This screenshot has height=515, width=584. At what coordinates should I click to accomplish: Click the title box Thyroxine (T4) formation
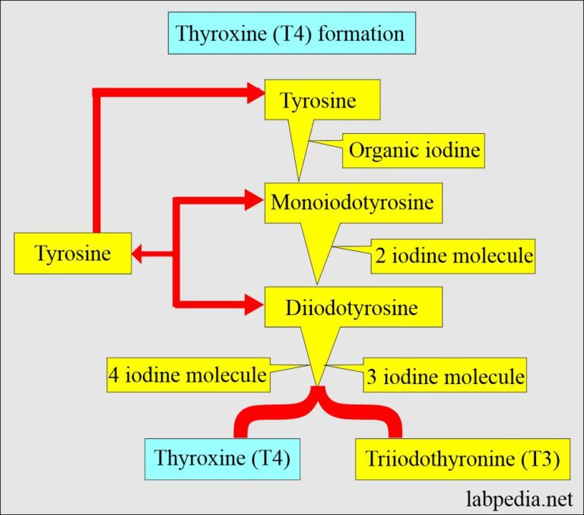click(x=291, y=34)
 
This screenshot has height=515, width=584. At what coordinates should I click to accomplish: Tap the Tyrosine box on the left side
click(x=72, y=253)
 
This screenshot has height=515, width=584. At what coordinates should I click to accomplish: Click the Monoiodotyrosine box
click(x=353, y=203)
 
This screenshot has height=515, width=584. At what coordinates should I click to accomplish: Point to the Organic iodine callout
click(x=414, y=151)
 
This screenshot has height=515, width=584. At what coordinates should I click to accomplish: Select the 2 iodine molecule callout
click(x=453, y=256)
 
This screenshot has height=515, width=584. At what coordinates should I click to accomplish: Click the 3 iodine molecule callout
click(x=445, y=376)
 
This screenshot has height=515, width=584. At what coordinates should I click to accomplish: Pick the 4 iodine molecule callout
click(x=187, y=374)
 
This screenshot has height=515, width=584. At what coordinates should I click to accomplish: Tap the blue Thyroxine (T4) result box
click(x=221, y=459)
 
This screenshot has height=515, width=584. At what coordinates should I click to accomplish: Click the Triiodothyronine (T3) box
click(x=462, y=459)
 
